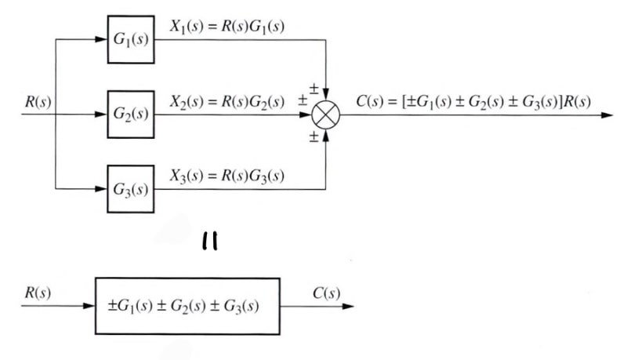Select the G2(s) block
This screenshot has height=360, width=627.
131,115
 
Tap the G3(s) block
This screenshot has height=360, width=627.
131,190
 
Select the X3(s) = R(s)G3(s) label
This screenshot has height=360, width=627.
227,176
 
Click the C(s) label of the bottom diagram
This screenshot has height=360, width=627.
325,293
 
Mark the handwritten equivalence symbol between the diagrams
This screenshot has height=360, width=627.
209,244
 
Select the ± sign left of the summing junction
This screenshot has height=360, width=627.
302,103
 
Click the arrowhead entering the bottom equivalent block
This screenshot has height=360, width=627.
89,305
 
